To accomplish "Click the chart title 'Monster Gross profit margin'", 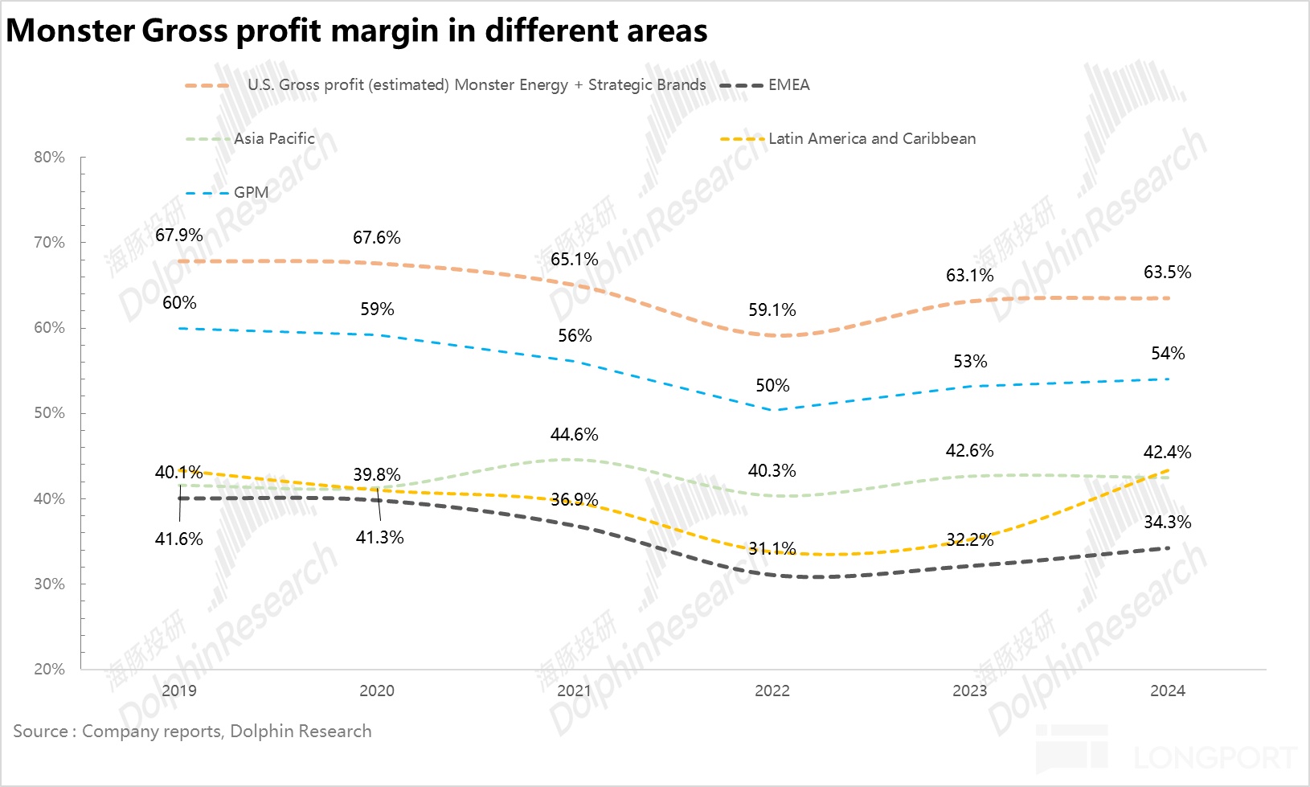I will click(x=356, y=31).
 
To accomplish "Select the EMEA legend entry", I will click(x=788, y=85).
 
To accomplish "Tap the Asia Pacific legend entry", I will click(x=274, y=138).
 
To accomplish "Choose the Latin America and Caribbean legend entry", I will click(x=871, y=138).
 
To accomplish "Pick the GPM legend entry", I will click(x=251, y=193).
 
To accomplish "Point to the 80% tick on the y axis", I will click(x=49, y=157).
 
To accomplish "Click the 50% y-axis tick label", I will click(x=49, y=412).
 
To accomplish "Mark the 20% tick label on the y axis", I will click(x=49, y=669).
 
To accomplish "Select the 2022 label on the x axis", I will click(x=772, y=691).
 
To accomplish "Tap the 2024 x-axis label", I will click(x=1167, y=691).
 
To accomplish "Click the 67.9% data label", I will click(x=178, y=235).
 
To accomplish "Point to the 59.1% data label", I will click(x=772, y=309).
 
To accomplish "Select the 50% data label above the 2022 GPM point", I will click(x=772, y=385).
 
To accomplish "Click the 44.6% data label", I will click(x=574, y=434).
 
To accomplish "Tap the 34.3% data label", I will click(x=1167, y=522).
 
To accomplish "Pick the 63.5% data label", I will click(x=1167, y=272).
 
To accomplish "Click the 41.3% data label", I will click(x=379, y=537).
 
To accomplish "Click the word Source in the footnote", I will click(x=40, y=731).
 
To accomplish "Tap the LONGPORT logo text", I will click(x=1215, y=757).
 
